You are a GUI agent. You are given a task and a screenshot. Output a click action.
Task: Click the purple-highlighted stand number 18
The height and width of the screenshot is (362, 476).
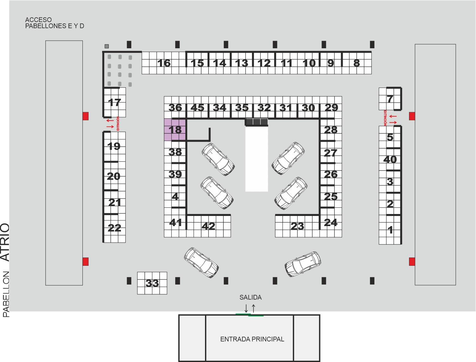pos(175,130)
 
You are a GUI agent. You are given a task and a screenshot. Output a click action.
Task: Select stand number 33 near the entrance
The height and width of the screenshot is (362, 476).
pos(152,283)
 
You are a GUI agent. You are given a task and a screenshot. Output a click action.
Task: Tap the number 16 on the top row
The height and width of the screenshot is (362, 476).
pos(164,63)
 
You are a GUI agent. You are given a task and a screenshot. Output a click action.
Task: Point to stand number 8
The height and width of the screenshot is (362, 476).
pos(356,63)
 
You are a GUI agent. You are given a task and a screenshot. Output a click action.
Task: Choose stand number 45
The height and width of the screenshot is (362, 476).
pos(197,108)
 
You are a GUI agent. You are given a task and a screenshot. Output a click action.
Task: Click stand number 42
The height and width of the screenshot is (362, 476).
pos(208,226)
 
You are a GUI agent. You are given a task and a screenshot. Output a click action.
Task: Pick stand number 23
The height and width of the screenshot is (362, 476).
pos(297,226)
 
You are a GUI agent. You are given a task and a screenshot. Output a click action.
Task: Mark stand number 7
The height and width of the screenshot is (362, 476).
pos(390,99)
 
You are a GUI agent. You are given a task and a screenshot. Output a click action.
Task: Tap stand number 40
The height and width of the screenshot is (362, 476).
pos(390,160)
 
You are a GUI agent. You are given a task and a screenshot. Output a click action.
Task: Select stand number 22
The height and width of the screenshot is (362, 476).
pos(114,228)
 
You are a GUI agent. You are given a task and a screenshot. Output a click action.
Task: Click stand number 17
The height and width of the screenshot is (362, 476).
pos(114,102)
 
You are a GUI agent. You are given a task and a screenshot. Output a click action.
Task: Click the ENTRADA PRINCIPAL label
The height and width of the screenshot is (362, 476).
pos(252,339)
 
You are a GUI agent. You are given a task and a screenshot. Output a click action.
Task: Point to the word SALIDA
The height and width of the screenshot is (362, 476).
pos(250,297)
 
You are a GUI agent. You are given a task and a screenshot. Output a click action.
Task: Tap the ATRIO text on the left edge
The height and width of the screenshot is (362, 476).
pos(5,242)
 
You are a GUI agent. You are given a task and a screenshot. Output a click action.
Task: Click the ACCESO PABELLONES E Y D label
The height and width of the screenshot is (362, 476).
pos(55,23)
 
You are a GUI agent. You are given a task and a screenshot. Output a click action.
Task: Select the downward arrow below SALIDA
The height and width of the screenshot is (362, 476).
pos(246,308)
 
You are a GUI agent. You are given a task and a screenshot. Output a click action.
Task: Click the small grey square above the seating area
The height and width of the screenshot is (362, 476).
pos(107,46)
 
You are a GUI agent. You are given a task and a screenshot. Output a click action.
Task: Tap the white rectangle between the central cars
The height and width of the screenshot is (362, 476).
pos(256,159)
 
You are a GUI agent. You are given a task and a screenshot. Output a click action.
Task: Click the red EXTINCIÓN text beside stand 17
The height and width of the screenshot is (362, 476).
pos(118,124)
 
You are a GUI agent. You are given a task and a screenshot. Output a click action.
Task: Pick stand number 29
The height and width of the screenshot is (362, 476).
pos(331,108)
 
